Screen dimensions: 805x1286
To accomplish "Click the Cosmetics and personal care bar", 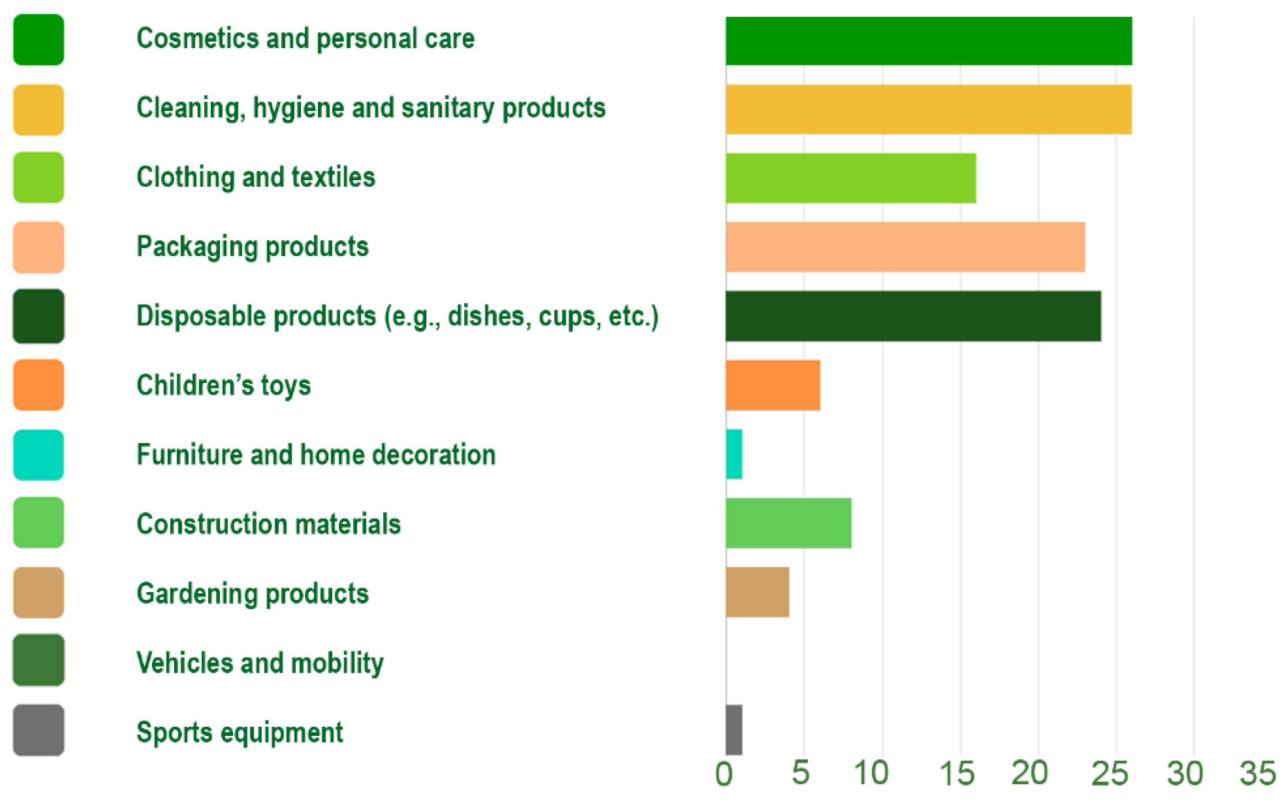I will point(928,41).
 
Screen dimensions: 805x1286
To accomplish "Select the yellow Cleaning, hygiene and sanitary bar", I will point(928,109).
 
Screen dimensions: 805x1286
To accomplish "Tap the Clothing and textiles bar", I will point(850,178).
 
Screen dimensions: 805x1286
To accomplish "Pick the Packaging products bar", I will point(905,247).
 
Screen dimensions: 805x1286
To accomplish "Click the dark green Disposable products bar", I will point(913,316).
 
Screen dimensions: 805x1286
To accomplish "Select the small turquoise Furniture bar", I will point(733,454).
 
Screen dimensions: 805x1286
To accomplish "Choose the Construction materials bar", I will point(788,523).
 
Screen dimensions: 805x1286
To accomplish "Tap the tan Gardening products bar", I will point(757,592).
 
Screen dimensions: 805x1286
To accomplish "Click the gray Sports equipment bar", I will point(733,730).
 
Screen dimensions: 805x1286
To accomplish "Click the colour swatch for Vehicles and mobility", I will point(39,660).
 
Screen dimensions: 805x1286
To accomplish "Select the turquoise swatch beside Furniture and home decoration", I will point(39,455).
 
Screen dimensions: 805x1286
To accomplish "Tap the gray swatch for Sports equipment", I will point(39,730).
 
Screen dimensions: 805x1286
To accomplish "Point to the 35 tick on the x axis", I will point(1258,773).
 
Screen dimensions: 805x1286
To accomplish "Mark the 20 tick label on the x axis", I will point(1030,773).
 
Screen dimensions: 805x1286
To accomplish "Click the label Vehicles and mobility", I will point(260,663).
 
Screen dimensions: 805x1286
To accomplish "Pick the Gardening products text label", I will point(252,594).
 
